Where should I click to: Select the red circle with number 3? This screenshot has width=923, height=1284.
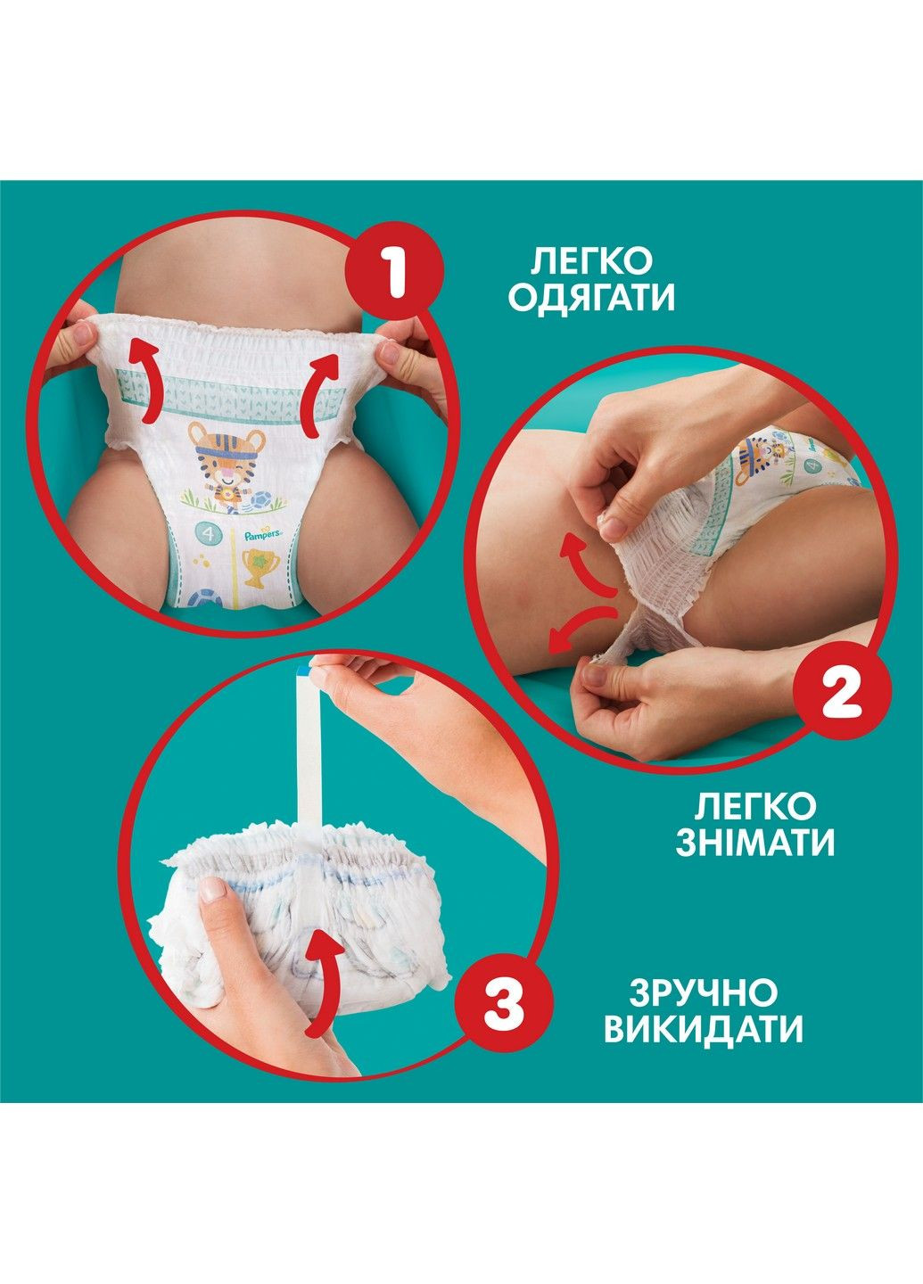coord(505,1007)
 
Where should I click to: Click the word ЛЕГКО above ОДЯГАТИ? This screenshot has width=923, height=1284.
coord(592,261)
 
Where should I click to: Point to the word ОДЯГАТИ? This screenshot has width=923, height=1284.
coord(592,299)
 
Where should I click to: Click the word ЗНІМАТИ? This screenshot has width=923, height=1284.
coord(754,843)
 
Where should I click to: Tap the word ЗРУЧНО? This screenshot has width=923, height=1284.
coord(703,992)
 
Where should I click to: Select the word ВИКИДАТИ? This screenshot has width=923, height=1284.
coord(703,1030)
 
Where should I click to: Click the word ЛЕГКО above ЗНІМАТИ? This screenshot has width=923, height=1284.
coord(754,806)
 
